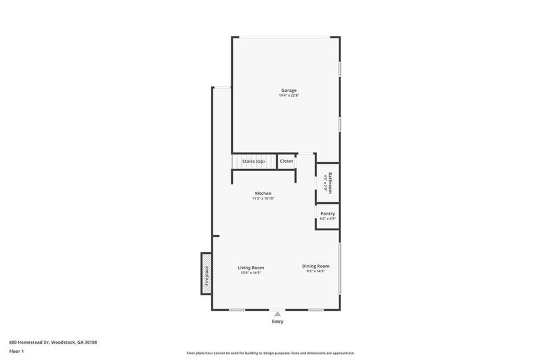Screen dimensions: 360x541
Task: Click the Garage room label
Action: [x=288, y=91]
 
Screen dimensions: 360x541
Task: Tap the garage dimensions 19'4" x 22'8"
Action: [x=288, y=96]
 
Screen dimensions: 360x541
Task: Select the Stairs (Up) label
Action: [x=253, y=161]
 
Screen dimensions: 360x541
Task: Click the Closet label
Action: [x=286, y=161]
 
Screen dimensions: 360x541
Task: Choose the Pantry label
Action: [x=327, y=214]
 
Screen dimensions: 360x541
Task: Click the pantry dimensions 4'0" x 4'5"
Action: [x=327, y=219]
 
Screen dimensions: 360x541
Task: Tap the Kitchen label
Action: [x=263, y=193]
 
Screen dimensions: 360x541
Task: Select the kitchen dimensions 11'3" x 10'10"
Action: [x=263, y=199]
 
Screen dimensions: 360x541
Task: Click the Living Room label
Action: [x=250, y=268]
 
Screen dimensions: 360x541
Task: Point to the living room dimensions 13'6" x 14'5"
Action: [x=250, y=273]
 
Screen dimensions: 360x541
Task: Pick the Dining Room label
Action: [x=315, y=266]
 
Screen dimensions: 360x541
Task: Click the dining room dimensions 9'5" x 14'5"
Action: [x=315, y=271]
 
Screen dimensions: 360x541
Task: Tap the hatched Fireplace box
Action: [x=205, y=274]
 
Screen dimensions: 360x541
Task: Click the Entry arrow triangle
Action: [x=277, y=313]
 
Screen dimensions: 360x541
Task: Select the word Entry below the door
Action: [x=277, y=322]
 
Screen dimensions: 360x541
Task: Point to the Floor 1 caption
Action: [x=16, y=350]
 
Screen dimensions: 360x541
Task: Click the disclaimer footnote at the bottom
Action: [x=270, y=353]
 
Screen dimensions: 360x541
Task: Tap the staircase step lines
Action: [x=236, y=162]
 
